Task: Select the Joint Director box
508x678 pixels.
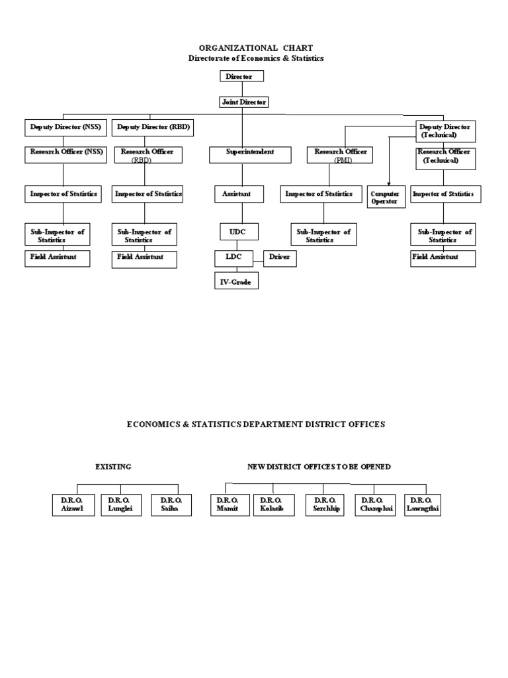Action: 243,102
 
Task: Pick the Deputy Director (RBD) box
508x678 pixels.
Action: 153,127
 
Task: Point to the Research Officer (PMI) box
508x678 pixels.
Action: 340,155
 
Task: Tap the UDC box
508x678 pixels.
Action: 239,231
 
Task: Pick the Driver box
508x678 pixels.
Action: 280,258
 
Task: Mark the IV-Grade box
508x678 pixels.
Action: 235,281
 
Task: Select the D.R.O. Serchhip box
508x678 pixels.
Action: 325,505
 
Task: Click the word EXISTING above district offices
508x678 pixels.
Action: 113,467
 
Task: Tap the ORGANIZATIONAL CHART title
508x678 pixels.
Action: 256,48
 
